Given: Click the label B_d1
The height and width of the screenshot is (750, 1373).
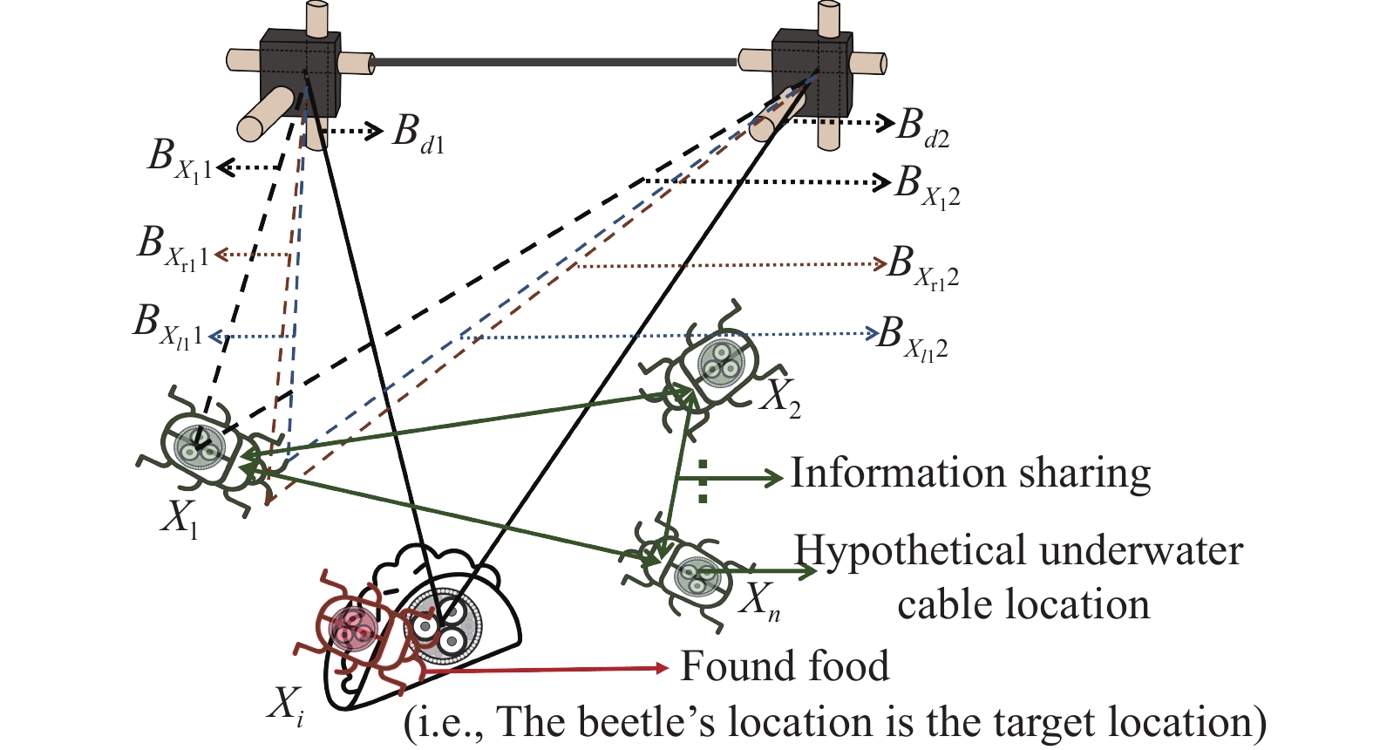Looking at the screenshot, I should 418,133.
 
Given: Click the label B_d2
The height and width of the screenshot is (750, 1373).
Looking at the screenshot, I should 923,127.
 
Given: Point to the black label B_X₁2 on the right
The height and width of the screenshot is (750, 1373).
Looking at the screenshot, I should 928,187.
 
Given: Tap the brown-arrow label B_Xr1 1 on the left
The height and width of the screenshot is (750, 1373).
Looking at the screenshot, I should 173,248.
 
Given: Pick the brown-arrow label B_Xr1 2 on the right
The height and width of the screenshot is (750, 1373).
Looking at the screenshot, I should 923,267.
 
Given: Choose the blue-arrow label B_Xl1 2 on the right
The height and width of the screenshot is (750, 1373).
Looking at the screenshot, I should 913,337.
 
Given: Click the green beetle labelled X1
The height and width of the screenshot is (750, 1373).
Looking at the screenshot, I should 209,452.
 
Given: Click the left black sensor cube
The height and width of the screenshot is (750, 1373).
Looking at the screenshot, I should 299,74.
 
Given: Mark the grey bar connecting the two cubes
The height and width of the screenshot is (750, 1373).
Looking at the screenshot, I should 554,62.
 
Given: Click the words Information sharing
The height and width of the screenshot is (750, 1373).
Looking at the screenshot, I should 970,474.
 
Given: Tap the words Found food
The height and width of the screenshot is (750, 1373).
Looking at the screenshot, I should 785,666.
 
